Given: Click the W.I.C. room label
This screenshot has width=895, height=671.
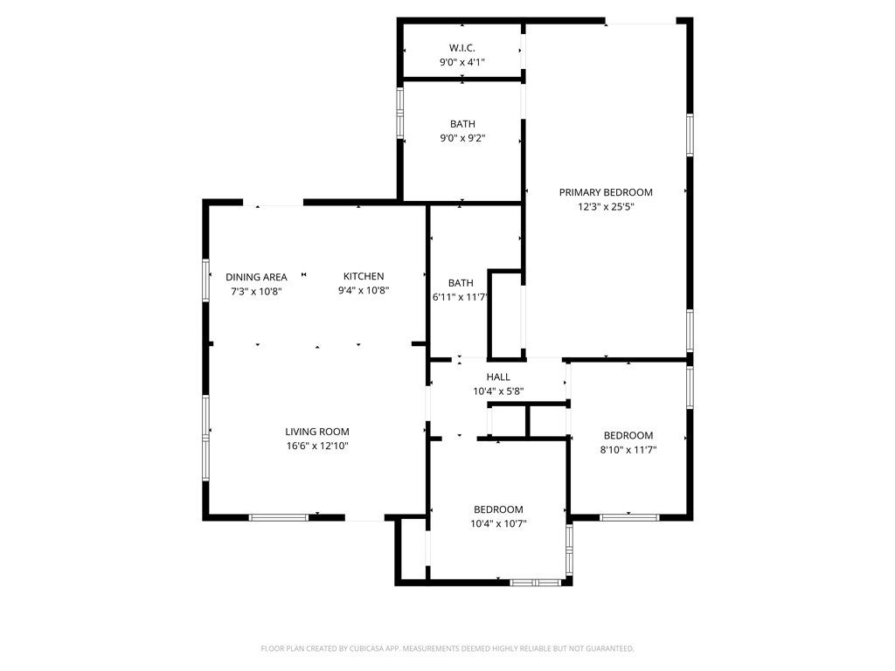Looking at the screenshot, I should click(462, 47).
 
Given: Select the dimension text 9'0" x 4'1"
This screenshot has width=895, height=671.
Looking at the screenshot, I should click(462, 62).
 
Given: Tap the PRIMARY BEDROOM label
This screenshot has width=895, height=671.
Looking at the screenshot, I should click(606, 192).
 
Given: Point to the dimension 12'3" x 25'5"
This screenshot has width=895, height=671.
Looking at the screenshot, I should click(606, 207).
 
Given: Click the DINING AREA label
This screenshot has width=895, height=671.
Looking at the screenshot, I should click(256, 277).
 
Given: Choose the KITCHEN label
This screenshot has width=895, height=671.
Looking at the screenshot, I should click(364, 277).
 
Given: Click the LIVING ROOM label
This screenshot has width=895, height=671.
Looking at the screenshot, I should click(317, 432).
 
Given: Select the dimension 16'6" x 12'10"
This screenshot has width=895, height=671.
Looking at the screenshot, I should click(317, 446).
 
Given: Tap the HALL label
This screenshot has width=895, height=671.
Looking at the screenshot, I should click(498, 377).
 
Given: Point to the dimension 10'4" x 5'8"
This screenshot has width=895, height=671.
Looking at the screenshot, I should click(498, 391).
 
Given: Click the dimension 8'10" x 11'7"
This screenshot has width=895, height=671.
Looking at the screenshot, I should click(628, 450).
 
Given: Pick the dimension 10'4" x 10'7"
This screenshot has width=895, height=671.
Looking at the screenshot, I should click(498, 524).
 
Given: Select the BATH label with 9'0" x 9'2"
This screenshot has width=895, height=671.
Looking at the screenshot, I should click(462, 124).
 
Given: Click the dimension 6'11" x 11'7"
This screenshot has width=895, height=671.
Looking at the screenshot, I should click(460, 297).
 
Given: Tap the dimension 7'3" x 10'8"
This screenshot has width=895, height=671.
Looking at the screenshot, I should click(256, 291).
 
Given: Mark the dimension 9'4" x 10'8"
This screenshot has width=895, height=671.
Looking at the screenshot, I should click(364, 291).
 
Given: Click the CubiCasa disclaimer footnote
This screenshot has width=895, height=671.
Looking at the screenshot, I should click(447, 648).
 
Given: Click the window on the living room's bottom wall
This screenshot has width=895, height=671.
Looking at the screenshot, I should click(279, 517).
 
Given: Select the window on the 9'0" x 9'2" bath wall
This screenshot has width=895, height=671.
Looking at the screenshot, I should click(400, 112).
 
